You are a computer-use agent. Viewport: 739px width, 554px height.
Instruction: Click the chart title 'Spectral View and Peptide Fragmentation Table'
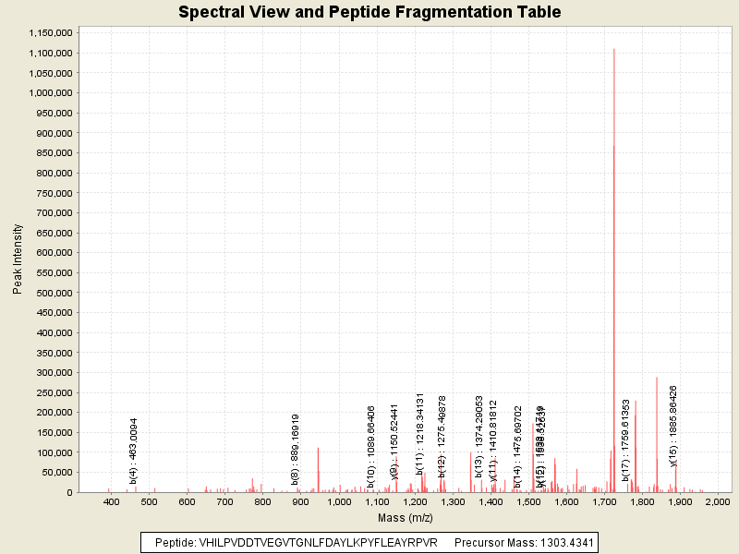(369, 12)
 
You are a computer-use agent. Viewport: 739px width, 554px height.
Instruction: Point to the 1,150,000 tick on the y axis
(46, 32)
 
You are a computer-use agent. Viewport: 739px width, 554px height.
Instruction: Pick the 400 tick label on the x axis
(113, 502)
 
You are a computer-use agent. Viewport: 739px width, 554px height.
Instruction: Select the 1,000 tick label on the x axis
(339, 502)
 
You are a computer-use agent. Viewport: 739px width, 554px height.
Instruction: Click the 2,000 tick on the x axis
(718, 502)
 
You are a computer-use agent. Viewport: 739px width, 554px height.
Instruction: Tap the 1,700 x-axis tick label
(604, 502)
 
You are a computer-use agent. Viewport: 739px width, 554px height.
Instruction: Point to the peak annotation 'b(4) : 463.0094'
(134, 450)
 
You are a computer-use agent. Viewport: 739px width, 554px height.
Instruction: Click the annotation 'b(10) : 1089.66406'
(371, 446)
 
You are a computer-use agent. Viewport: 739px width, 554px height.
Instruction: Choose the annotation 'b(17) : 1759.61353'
(625, 440)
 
